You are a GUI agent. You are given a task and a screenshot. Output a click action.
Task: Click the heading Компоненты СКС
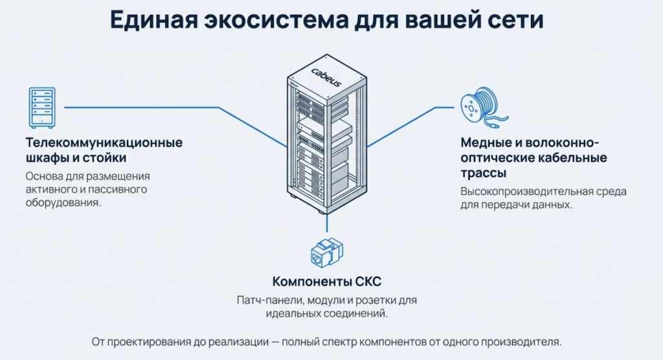[326, 282]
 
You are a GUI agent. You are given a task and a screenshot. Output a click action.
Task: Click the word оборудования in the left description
[63, 202]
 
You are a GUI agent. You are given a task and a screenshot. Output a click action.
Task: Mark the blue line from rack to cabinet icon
[162, 107]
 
